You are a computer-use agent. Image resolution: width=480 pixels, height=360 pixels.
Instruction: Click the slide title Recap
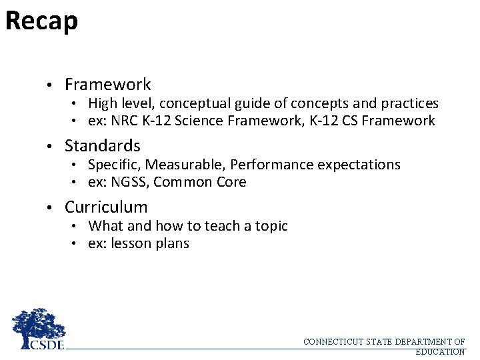click(41, 21)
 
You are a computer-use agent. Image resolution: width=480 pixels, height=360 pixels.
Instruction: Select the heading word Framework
click(107, 85)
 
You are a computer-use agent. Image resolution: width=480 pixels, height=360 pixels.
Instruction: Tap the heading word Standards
click(102, 145)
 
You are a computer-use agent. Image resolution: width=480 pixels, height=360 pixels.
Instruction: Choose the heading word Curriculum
click(106, 207)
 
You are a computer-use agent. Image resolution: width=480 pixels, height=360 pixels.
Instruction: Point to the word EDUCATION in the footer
click(440, 351)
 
